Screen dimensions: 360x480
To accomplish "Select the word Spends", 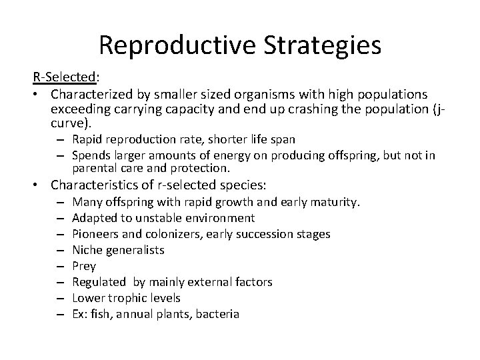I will tap(89, 155).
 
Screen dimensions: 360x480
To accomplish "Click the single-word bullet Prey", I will tap(83, 266).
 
